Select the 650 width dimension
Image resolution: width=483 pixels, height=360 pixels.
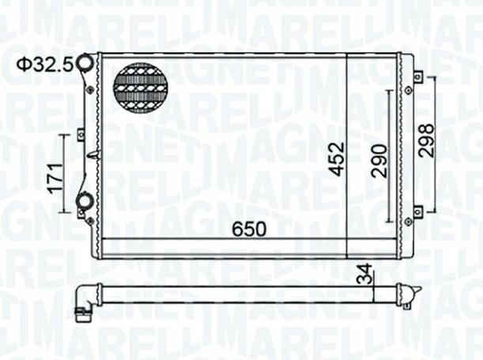tap(249, 229)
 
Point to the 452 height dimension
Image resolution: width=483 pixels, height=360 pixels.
tap(336, 158)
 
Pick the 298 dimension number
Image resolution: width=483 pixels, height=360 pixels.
tap(427, 141)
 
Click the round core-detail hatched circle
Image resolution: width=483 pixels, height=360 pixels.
tap(142, 86)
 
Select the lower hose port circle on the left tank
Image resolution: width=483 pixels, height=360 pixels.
tap(84, 202)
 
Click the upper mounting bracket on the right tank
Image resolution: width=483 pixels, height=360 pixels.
tap(417, 77)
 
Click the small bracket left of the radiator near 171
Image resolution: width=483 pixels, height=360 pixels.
tap(81, 135)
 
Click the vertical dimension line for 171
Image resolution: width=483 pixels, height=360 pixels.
tap(66, 174)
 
